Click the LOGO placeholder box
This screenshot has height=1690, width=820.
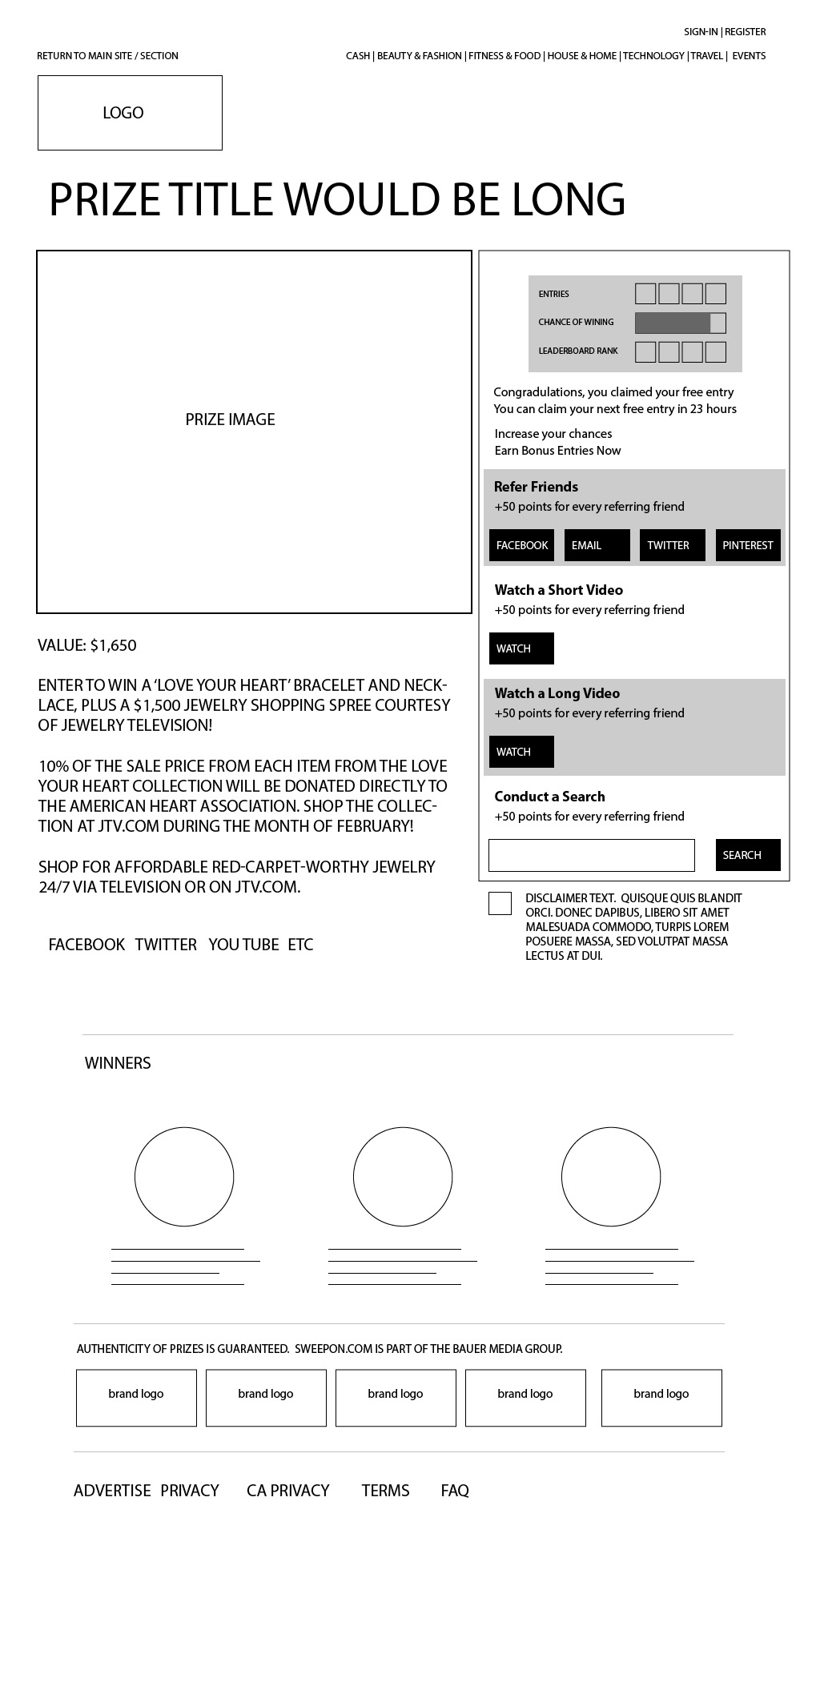(130, 113)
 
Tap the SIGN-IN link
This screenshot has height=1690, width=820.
(701, 32)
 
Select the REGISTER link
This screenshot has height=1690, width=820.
(746, 32)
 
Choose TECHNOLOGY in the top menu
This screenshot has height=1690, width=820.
(653, 56)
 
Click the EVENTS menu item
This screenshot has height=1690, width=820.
(749, 56)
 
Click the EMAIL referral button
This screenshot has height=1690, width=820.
(597, 545)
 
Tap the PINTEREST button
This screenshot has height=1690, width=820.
(748, 545)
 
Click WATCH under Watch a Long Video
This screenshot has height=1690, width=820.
(521, 752)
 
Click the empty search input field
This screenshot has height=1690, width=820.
(591, 855)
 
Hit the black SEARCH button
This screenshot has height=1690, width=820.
(748, 855)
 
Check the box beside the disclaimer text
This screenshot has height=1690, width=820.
(500, 903)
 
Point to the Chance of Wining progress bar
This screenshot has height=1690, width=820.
(680, 323)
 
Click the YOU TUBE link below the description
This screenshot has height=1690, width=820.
(243, 945)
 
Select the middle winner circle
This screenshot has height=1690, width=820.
(403, 1176)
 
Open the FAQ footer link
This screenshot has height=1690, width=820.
(455, 1491)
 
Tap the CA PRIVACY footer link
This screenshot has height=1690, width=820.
(288, 1491)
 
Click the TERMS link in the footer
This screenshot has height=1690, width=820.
(385, 1491)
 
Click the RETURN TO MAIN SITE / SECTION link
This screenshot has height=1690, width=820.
(107, 56)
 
